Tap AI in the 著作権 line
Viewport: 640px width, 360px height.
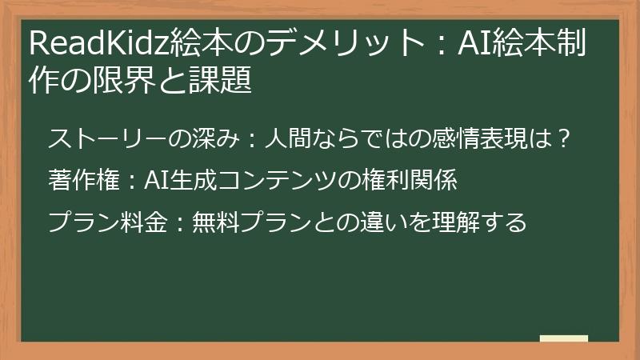(x=154, y=181)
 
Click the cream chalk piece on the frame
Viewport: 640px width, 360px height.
(x=564, y=338)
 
